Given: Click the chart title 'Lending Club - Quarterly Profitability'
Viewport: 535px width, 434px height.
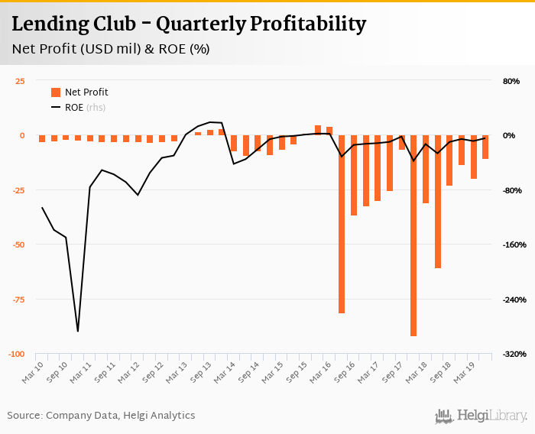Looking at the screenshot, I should (189, 24).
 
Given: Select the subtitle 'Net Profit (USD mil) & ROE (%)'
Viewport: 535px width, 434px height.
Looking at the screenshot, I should (111, 50).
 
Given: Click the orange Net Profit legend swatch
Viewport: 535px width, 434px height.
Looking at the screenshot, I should (56, 92).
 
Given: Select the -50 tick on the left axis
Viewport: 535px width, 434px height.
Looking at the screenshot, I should (18, 245).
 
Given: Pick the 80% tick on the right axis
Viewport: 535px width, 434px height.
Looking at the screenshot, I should (511, 81).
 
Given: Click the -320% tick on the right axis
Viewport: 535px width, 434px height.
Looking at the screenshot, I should (510, 354).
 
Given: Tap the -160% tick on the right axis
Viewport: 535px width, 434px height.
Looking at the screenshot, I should (510, 245).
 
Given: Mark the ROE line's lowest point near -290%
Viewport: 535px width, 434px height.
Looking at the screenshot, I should (78, 331).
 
